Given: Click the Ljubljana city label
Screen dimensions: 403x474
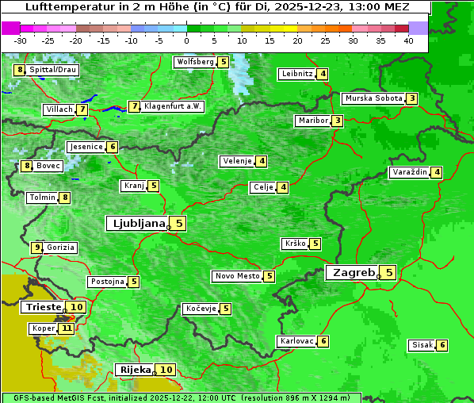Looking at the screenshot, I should click(136, 224).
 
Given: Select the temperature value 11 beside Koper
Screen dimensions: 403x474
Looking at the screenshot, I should click(66, 328).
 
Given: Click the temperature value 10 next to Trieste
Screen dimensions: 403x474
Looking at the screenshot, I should click(76, 307).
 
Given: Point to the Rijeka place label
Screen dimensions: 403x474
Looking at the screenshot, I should click(134, 370).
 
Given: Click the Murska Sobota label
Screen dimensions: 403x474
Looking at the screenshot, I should click(373, 98).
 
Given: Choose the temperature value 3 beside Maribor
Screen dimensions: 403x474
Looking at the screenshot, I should click(338, 121).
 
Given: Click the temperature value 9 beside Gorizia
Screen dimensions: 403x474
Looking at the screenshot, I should click(36, 248).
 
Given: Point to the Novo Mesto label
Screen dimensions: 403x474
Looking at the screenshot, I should click(237, 276).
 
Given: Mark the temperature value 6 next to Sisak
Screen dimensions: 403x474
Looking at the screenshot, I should click(442, 345).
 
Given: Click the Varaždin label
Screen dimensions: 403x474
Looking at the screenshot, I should click(410, 172).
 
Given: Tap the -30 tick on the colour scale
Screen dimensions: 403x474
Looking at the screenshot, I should click(21, 40).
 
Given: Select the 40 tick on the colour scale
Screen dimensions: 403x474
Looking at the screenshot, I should click(408, 40).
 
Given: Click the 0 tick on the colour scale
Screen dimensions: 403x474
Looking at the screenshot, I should click(187, 40).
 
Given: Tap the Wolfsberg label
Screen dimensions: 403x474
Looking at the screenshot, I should click(195, 62).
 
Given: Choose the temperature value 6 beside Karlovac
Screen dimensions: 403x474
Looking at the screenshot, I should click(323, 340).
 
